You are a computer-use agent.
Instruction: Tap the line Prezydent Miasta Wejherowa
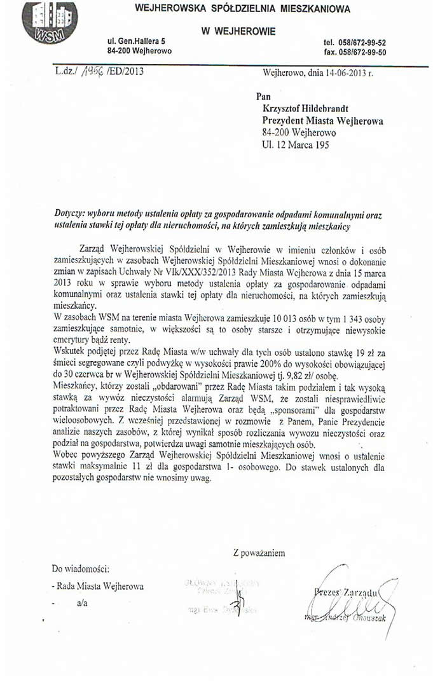[323, 121]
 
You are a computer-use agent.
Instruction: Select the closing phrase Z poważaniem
[259, 553]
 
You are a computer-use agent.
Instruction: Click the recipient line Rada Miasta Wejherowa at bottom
[100, 586]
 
